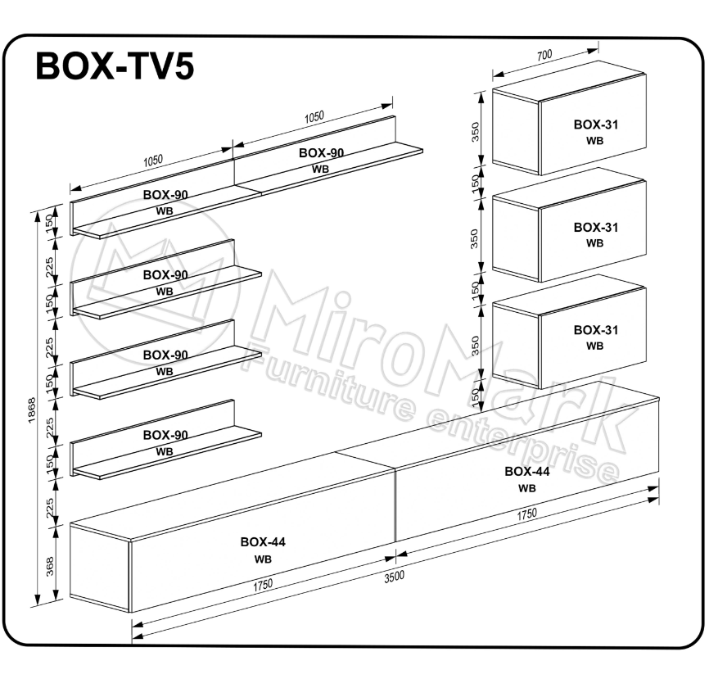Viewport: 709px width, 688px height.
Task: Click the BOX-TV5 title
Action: point(115,66)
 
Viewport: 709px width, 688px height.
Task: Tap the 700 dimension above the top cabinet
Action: point(544,55)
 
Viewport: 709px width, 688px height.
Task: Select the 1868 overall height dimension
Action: point(32,410)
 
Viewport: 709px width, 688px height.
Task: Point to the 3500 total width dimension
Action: point(394,577)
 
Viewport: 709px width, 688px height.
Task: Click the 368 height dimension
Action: point(50,566)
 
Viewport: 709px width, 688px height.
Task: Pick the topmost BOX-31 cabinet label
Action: point(595,124)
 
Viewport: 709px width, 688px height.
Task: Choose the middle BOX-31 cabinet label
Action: point(595,227)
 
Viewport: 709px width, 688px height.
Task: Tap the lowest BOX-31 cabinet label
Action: point(595,330)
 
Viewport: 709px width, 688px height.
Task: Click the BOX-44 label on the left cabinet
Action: point(263,541)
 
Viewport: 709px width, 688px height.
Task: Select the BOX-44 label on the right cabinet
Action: point(527,471)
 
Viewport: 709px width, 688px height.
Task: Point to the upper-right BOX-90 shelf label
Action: point(321,153)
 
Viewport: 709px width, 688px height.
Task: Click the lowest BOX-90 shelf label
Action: point(165,435)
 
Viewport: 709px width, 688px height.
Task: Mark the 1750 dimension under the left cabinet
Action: point(263,586)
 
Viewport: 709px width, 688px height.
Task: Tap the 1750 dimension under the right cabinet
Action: point(526,514)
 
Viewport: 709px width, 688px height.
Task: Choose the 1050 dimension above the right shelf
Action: point(314,117)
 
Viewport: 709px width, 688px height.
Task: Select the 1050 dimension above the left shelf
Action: point(153,161)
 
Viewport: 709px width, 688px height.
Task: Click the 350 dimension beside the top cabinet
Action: point(475,132)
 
